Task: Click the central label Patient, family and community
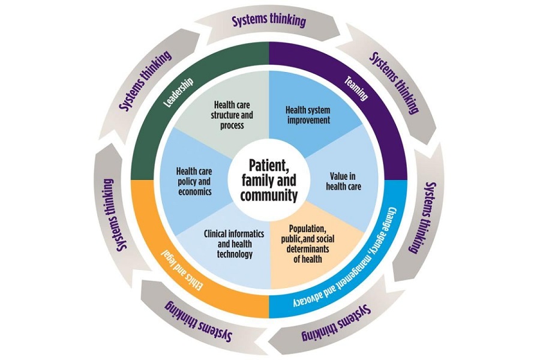(x=269, y=179)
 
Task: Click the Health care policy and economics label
(x=192, y=181)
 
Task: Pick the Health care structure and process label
(x=228, y=115)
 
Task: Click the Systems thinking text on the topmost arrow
(x=269, y=20)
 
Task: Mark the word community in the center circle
(x=269, y=195)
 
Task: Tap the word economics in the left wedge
(x=192, y=191)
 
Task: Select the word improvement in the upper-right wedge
(x=307, y=119)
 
